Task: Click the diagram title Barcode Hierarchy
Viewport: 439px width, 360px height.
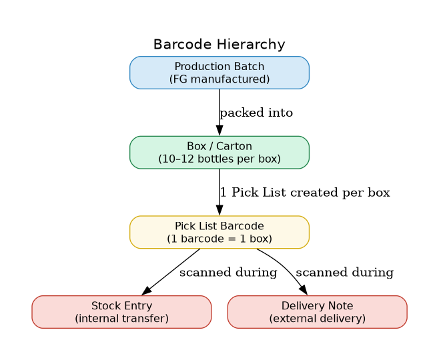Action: click(219, 45)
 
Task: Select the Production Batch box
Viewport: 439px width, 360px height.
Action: click(219, 72)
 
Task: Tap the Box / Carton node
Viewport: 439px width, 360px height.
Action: click(219, 152)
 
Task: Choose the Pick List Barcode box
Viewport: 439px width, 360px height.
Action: click(219, 232)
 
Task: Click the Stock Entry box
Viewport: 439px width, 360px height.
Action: click(121, 312)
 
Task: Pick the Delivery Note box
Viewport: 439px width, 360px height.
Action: click(317, 312)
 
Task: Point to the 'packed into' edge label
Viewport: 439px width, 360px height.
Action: click(256, 113)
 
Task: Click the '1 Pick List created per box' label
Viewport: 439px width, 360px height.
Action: click(305, 193)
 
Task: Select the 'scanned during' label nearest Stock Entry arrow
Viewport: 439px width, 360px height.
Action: click(228, 273)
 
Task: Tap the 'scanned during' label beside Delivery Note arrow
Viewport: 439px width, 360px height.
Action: click(344, 273)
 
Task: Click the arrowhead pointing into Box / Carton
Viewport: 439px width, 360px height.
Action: click(219, 131)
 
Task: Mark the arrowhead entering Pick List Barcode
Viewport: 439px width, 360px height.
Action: click(219, 211)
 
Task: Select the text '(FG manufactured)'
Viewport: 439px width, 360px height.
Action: click(219, 79)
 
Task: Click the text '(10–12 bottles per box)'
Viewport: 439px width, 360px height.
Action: click(219, 159)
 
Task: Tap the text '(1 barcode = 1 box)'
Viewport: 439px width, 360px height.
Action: click(219, 239)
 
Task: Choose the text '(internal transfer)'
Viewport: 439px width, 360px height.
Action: click(121, 319)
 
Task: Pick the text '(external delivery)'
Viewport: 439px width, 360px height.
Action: click(317, 319)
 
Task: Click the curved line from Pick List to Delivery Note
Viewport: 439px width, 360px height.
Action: click(280, 263)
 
